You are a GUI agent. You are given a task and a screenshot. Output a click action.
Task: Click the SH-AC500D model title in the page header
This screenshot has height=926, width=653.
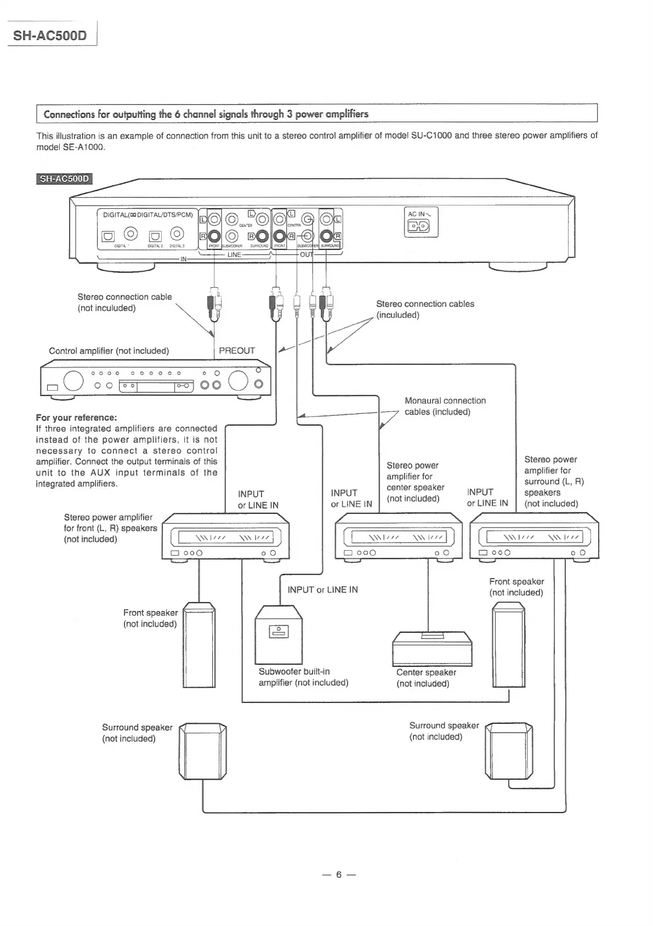tap(50, 36)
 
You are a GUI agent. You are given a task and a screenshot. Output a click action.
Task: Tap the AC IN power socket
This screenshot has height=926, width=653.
tap(421, 227)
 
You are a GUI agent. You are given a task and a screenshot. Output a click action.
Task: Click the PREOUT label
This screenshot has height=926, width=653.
tap(237, 351)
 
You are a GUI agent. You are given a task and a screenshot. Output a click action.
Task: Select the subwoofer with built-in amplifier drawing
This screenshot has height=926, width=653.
tap(279, 633)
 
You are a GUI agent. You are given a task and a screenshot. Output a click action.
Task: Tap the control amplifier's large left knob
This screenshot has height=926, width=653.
tap(73, 380)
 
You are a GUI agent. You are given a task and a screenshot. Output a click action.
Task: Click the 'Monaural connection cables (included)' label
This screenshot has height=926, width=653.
tap(445, 406)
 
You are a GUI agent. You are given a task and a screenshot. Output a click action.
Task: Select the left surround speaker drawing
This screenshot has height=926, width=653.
tap(202, 751)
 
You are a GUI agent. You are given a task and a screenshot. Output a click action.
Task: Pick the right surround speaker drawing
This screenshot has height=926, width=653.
tap(509, 750)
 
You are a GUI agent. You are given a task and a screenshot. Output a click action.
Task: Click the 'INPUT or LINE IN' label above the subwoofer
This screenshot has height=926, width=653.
tap(322, 590)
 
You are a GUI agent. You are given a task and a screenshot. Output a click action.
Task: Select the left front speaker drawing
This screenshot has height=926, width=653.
tap(198, 644)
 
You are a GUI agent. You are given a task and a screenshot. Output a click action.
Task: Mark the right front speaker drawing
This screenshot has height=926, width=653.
tap(509, 644)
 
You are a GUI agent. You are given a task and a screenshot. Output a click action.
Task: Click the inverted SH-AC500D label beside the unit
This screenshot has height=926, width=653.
tap(64, 179)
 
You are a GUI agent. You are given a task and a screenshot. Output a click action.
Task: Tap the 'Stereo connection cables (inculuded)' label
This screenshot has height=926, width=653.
tap(424, 309)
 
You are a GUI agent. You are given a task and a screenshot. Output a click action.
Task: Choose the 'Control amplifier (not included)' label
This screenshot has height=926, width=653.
tap(109, 351)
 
